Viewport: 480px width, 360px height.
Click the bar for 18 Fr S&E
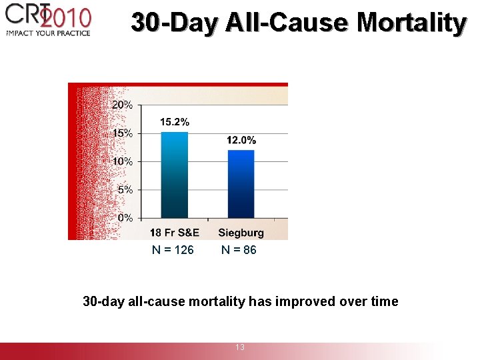pyautogui.click(x=175, y=175)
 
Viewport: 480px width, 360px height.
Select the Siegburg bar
pyautogui.click(x=241, y=184)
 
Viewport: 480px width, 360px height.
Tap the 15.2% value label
pyautogui.click(x=175, y=122)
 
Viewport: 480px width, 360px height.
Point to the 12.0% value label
pyautogui.click(x=241, y=140)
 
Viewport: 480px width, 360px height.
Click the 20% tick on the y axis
pyautogui.click(x=122, y=105)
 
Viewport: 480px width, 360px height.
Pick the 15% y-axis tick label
pyautogui.click(x=122, y=133)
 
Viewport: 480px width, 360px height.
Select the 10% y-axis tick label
pyautogui.click(x=122, y=161)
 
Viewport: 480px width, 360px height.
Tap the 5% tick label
pyautogui.click(x=125, y=189)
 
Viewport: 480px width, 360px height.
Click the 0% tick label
pyautogui.click(x=125, y=217)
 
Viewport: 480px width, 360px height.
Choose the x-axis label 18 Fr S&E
pyautogui.click(x=174, y=233)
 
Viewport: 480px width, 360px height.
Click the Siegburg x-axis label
pyautogui.click(x=241, y=233)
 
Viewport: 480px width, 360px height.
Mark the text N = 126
pyautogui.click(x=173, y=250)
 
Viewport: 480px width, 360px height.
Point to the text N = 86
pyautogui.click(x=239, y=250)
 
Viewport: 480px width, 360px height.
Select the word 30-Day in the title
pyautogui.click(x=174, y=23)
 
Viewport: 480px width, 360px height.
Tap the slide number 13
pyautogui.click(x=240, y=347)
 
